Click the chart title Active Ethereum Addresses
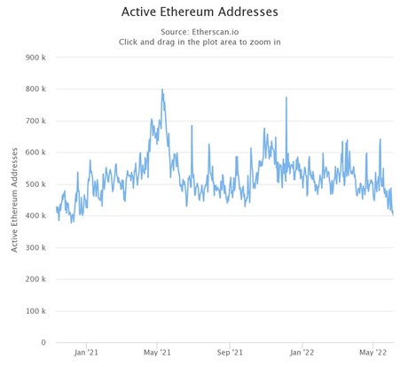click(200, 12)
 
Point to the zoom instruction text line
click(200, 42)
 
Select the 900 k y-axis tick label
click(36, 58)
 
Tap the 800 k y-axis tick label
click(36, 90)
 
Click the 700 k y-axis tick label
click(36, 121)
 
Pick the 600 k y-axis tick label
click(36, 152)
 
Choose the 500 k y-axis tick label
click(36, 184)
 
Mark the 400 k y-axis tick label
click(36, 216)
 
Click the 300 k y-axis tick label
click(36, 247)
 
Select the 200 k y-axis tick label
click(36, 279)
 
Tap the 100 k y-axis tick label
click(36, 311)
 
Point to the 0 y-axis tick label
click(44, 342)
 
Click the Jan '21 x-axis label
click(87, 353)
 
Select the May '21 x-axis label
click(157, 353)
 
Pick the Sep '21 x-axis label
click(230, 353)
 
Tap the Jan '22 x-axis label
click(302, 353)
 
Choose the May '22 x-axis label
click(373, 353)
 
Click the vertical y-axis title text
click(15, 199)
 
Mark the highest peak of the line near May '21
click(161, 90)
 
